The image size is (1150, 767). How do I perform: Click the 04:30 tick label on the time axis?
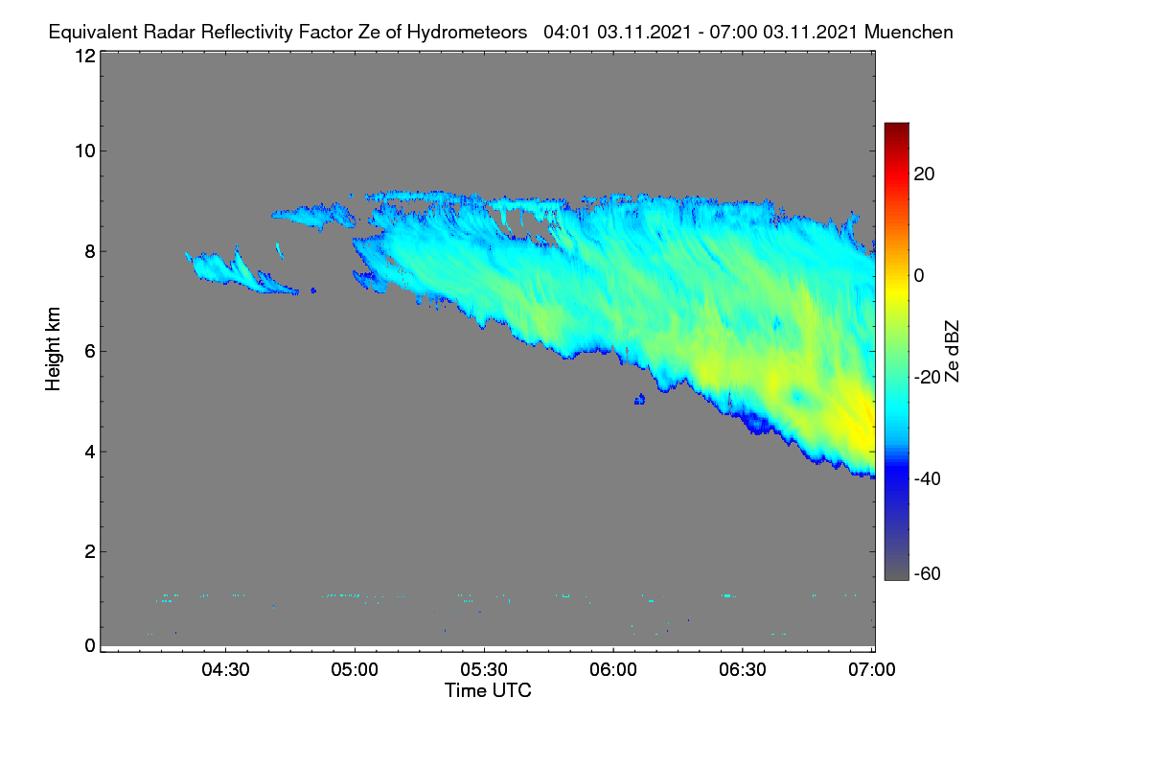[x=225, y=670]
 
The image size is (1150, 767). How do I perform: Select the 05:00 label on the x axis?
[x=355, y=670]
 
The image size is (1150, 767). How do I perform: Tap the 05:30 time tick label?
[x=484, y=670]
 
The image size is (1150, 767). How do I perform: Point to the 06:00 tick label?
[x=613, y=670]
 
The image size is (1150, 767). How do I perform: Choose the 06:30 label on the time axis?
[x=743, y=670]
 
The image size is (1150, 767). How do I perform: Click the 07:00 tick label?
[x=872, y=670]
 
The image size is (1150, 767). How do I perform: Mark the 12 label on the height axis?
[x=85, y=56]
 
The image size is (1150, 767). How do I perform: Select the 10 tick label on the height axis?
[x=85, y=151]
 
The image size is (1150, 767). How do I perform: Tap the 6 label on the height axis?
[x=90, y=352]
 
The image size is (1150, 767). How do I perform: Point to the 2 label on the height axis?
[x=90, y=551]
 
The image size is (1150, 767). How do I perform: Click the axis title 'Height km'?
[x=53, y=349]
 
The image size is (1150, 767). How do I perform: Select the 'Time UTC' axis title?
[x=488, y=690]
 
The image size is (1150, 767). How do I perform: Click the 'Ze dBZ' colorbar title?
[x=953, y=352]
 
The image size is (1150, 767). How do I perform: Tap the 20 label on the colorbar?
[x=924, y=174]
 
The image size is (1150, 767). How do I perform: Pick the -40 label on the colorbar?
[x=928, y=478]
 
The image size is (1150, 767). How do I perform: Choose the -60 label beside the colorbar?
[x=928, y=574]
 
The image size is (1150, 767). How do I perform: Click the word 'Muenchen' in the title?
[x=908, y=32]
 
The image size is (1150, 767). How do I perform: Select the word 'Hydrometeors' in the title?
[x=467, y=33]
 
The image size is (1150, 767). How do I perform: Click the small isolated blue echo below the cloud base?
[x=640, y=399]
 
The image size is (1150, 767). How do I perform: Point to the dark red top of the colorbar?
[x=897, y=127]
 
